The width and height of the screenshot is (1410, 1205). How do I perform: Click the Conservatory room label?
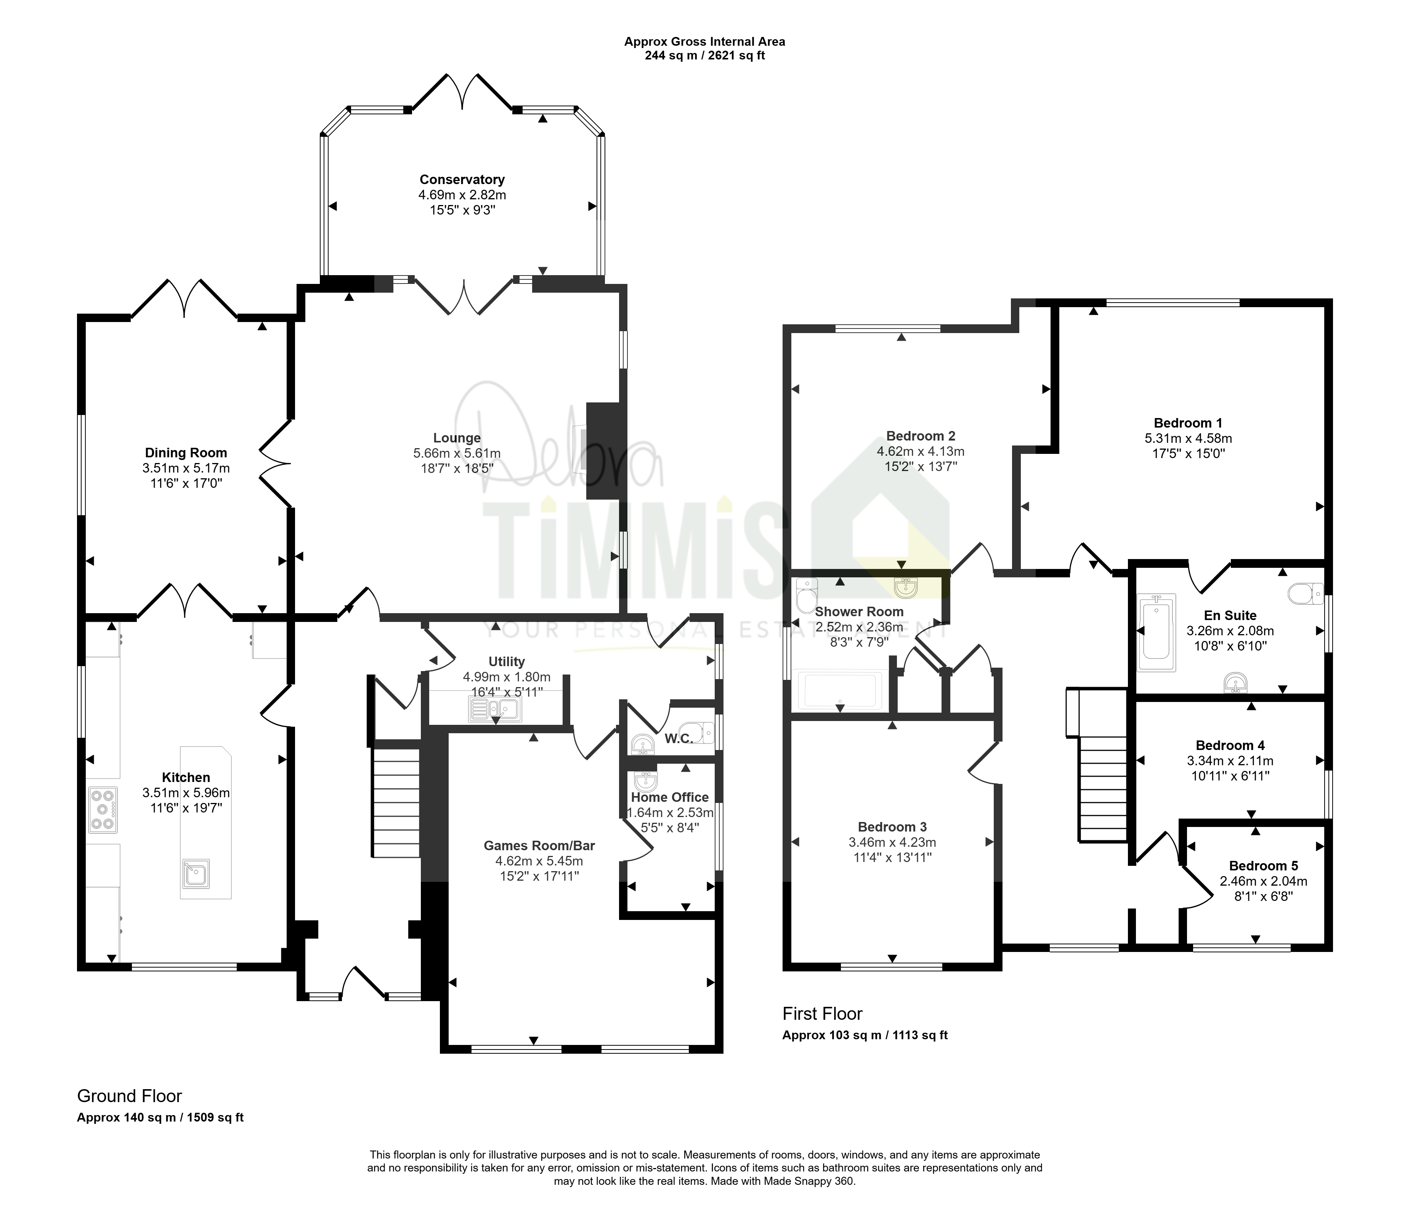(x=462, y=179)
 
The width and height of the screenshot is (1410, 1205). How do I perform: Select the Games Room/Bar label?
(x=539, y=846)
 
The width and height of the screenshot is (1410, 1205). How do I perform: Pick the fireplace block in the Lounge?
(x=603, y=452)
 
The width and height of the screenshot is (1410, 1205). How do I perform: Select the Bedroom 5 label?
(x=1264, y=865)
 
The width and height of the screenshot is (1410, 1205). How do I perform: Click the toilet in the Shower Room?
(x=806, y=596)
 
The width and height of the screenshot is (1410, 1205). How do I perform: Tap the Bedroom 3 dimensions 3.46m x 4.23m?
(x=892, y=842)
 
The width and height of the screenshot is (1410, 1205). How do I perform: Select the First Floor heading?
(x=822, y=1014)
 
